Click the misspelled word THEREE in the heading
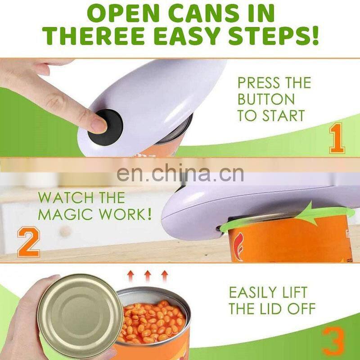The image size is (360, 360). [x=93, y=36]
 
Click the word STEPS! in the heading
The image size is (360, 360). [x=274, y=36]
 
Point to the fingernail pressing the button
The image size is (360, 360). [x=99, y=125]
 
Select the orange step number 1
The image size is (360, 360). [x=337, y=138]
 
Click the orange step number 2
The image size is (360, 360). [x=29, y=242]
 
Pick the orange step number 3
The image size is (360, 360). [x=333, y=342]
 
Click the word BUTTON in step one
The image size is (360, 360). [x=266, y=99]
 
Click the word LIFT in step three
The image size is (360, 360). [x=292, y=292]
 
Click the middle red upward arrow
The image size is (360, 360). [x=148, y=276]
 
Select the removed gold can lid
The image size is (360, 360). [x=80, y=316]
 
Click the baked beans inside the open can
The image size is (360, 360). [x=152, y=321]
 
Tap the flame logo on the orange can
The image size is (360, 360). [x=239, y=247]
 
